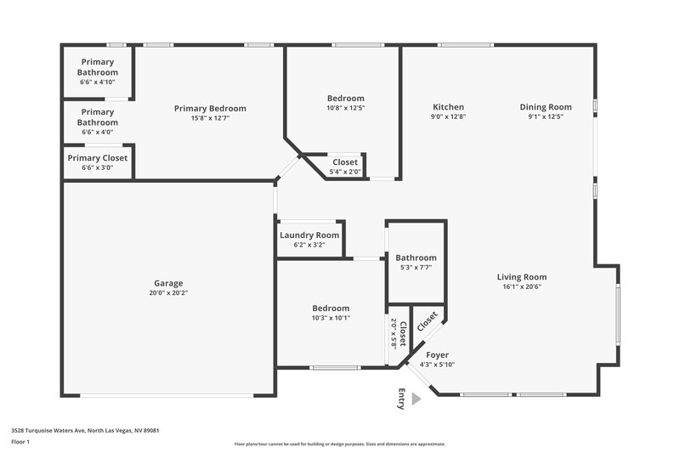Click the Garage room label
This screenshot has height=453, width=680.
coord(168,283)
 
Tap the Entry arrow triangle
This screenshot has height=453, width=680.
coord(416,399)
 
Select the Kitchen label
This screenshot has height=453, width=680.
coord(447,107)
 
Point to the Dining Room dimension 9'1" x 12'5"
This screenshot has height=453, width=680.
coord(546,116)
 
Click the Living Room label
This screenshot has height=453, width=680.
coord(522,276)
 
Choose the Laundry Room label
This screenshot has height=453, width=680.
coord(309,235)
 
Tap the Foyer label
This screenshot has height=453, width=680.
coord(437,354)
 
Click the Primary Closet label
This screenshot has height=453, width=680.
coord(98,158)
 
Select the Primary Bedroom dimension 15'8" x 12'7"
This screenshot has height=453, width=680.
coord(210,117)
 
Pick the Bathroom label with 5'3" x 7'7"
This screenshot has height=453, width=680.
coord(416,258)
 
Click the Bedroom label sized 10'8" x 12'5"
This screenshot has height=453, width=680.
coord(346,99)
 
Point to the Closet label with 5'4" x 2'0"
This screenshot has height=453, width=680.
coord(345,162)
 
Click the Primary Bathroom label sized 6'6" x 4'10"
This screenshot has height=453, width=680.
coord(98,67)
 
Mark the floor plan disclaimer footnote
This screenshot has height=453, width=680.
coord(339,444)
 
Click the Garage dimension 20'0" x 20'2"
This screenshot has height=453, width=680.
coord(168,292)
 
